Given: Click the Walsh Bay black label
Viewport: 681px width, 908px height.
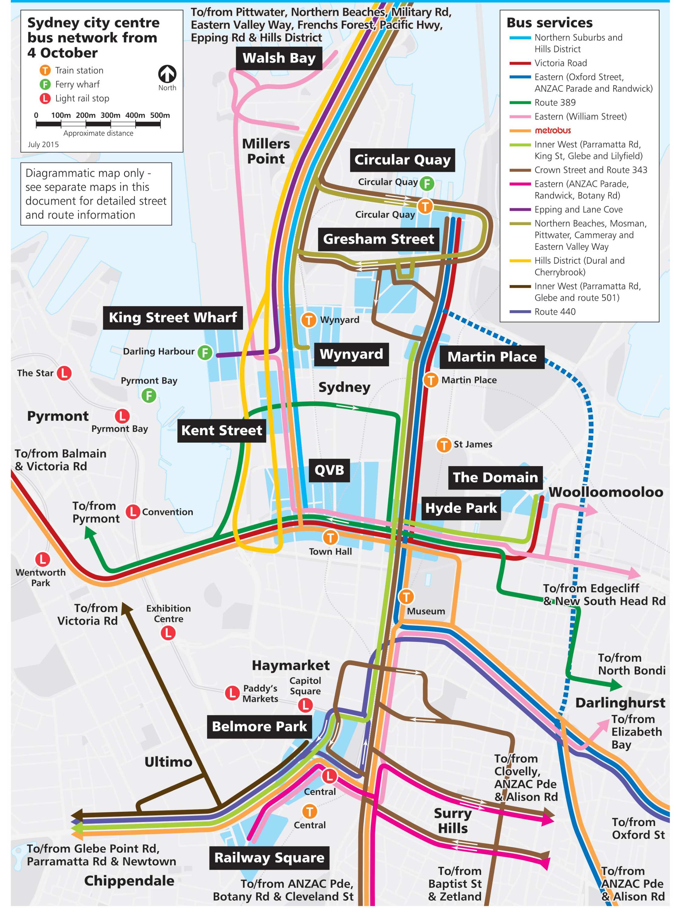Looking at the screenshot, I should pos(279,58).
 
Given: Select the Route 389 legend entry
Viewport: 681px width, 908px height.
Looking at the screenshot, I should pos(554,103).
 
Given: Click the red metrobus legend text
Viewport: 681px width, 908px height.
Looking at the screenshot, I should pos(552,130).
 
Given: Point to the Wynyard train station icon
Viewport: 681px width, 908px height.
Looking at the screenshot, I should pos(309,320).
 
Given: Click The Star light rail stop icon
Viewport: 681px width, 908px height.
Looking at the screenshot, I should pos(64,373).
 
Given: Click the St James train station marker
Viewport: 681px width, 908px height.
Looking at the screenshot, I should pos(443,445).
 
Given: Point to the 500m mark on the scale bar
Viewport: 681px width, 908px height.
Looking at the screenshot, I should pos(160,116).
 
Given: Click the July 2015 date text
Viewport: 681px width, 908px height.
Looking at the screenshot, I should pos(43,144).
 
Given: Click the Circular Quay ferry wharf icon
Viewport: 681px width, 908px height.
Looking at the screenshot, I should pos(427,183).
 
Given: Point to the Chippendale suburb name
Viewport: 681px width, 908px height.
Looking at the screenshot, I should pos(129,881).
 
